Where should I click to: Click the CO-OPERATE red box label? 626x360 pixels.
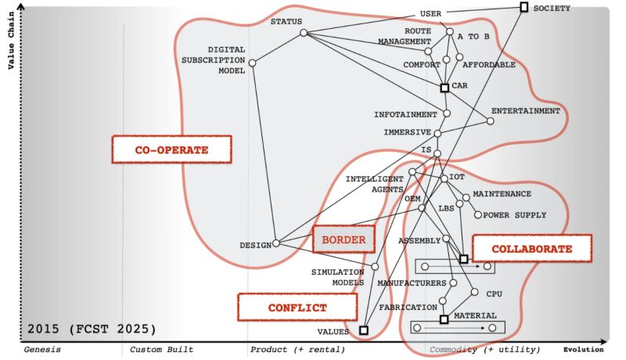coord(172,149)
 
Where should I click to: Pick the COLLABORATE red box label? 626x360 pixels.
coord(532,249)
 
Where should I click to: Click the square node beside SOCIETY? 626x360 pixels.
coord(523,8)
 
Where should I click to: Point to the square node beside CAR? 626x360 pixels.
coord(444,88)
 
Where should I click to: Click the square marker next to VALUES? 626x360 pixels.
coord(363,330)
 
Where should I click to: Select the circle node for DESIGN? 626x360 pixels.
coord(275,243)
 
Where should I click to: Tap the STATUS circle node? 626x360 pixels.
coord(303,33)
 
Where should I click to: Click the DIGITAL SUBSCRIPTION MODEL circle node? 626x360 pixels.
coord(252,63)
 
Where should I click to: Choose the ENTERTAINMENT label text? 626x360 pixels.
coord(526,111)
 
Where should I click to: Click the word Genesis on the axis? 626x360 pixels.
coord(42,349)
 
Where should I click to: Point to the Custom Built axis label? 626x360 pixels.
coord(161,349)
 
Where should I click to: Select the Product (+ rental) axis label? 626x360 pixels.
coord(290,349)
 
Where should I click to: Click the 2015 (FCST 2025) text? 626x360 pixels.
coord(92,328)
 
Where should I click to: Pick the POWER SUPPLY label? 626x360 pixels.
coord(514,215)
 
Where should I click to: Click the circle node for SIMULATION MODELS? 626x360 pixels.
coord(375,267)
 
